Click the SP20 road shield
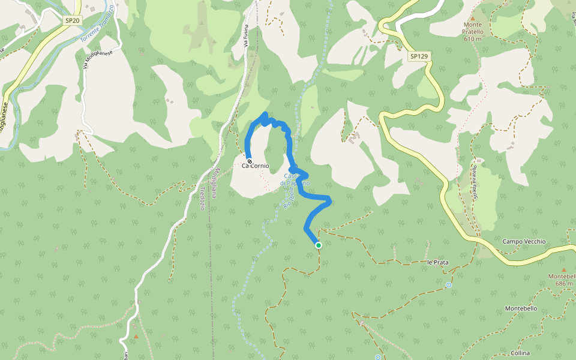(x=72, y=20)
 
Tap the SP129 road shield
(x=419, y=56)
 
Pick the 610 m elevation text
(x=473, y=39)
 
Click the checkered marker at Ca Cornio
(x=249, y=161)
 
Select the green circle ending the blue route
(x=319, y=245)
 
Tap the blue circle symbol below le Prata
(x=448, y=285)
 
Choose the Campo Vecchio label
(x=524, y=242)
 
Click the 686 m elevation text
(x=563, y=283)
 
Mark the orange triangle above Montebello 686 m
(x=563, y=270)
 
